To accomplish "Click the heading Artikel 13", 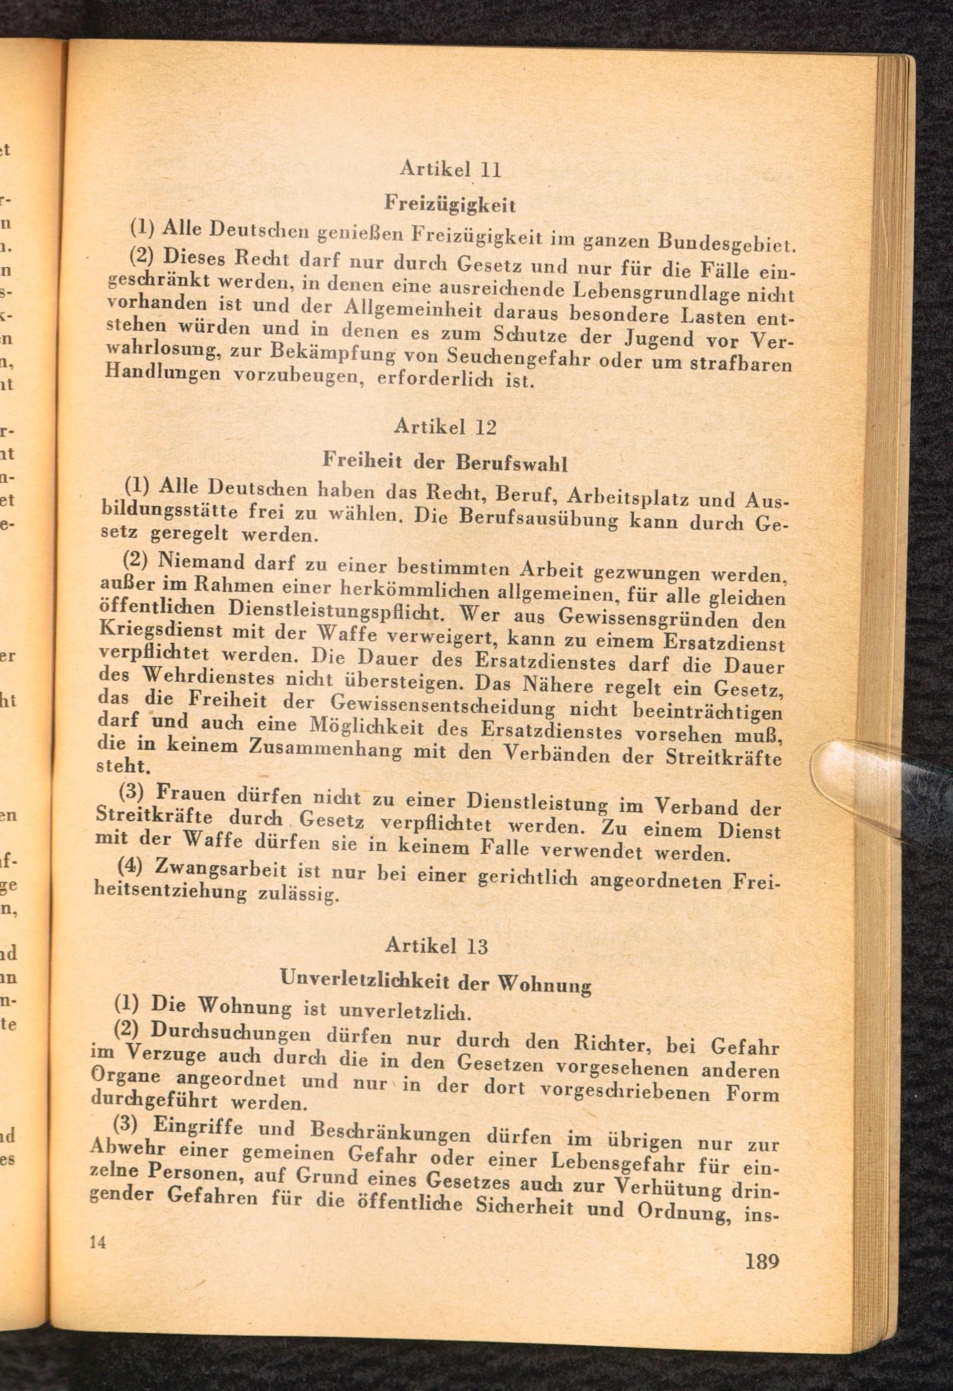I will (437, 945).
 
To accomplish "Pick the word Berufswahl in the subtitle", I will (511, 464).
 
